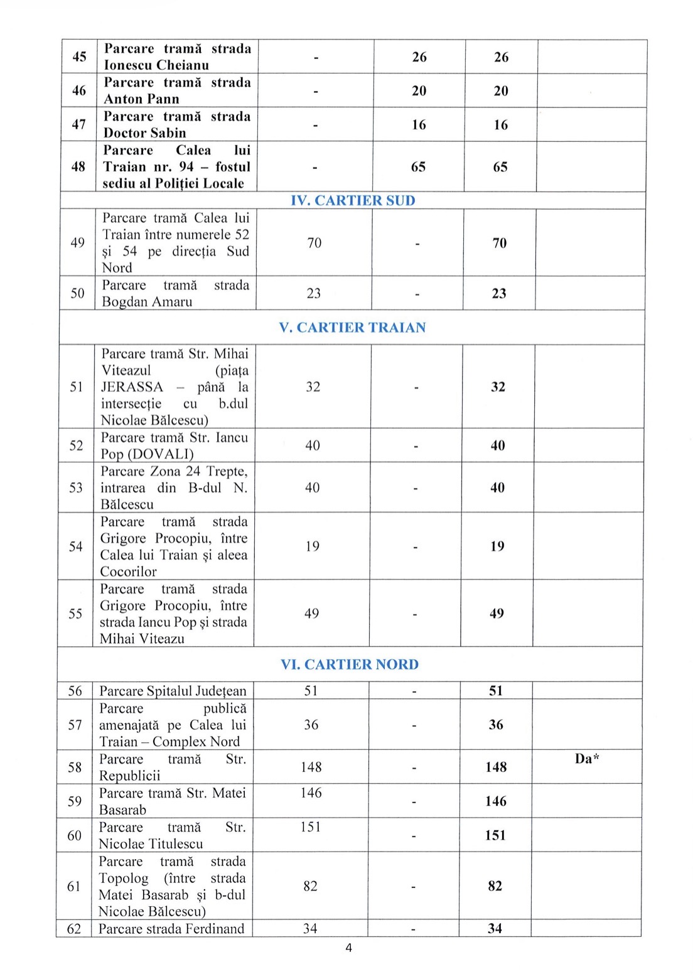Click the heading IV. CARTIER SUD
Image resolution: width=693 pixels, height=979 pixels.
(x=353, y=200)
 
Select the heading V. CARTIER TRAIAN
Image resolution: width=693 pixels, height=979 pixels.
(x=352, y=327)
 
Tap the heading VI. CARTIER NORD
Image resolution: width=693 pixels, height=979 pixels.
(x=350, y=664)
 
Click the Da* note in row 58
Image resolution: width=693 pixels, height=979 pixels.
(x=587, y=759)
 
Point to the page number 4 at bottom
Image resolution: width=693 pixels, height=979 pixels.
(x=349, y=948)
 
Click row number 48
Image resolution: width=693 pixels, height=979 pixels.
(x=78, y=166)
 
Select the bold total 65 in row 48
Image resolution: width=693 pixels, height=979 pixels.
(x=500, y=167)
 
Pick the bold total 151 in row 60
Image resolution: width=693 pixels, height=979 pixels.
(x=495, y=835)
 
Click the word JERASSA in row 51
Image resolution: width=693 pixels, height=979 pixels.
(x=132, y=387)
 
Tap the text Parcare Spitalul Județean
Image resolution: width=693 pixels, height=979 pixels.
(x=173, y=691)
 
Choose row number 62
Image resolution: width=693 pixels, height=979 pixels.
(x=74, y=928)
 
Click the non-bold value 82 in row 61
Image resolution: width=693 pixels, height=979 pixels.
(x=310, y=886)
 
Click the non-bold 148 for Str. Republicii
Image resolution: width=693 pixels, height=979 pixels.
(x=311, y=767)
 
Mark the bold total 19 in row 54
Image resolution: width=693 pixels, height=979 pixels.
(x=497, y=546)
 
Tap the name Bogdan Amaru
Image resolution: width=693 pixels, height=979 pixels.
(x=147, y=301)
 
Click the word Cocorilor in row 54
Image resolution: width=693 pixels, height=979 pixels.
(x=128, y=571)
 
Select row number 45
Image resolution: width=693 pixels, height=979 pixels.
(x=79, y=57)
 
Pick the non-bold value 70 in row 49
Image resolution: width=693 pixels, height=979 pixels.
(x=314, y=242)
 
